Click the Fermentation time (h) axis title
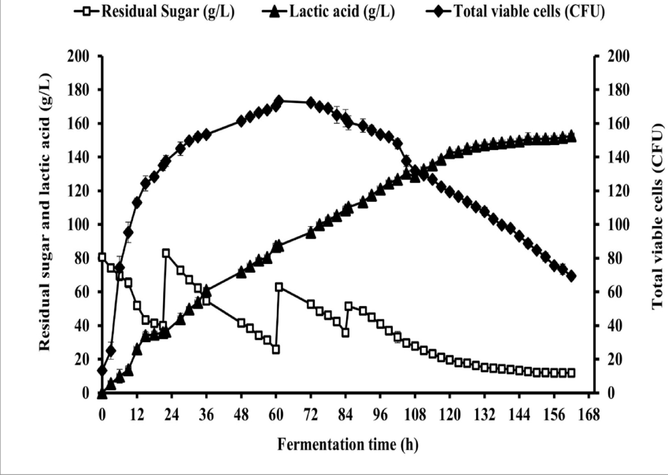click(348, 444)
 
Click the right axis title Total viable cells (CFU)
click(658, 217)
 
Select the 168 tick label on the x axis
click(589, 415)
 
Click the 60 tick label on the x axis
click(276, 415)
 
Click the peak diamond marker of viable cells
click(279, 101)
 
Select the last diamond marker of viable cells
click(571, 276)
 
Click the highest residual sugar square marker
click(166, 253)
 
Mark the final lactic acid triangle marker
click(571, 136)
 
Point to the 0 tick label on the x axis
click(102, 415)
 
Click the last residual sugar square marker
click(571, 373)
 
